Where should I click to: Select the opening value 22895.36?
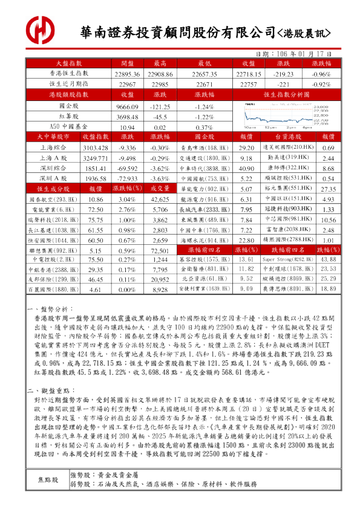coord(127,74)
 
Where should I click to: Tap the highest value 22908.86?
coord(160,74)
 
